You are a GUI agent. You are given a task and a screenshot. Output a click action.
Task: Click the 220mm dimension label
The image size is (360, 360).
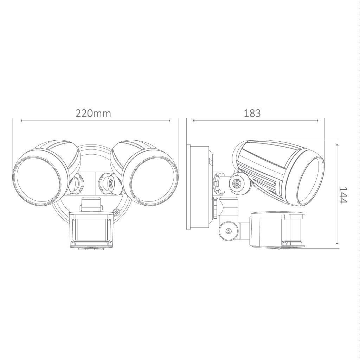click(93, 113)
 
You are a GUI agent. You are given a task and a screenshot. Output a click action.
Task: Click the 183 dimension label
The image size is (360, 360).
click(252, 113)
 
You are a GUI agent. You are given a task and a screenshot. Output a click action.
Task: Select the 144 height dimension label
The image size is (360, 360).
click(343, 195)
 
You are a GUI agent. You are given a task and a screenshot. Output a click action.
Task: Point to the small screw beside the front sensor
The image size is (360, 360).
click(117, 212)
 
